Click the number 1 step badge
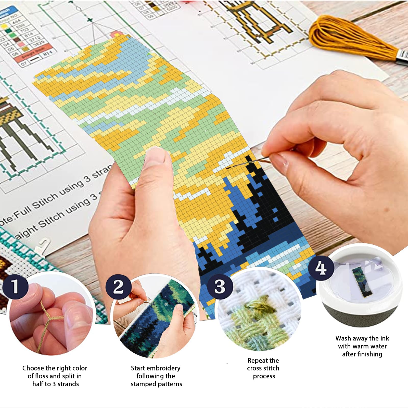point(15,286)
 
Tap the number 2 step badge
point(118,287)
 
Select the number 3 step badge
point(220,286)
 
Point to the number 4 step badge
point(321,268)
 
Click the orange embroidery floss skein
point(352,38)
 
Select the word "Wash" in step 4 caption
point(343,338)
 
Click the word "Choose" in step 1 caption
point(32,368)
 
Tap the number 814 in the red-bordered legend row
point(48,54)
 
